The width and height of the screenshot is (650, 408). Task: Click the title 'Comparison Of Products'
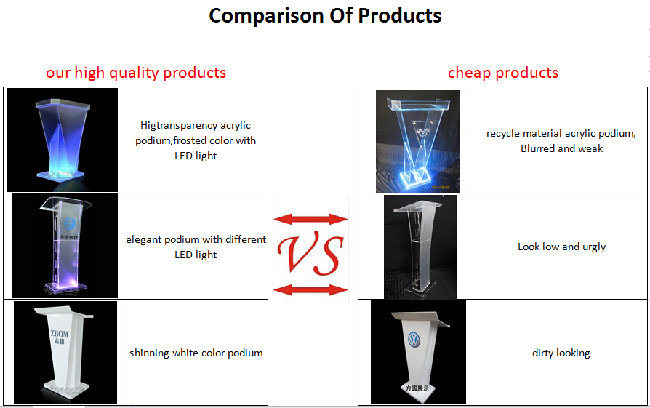325,16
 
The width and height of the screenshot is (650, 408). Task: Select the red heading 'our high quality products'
136,73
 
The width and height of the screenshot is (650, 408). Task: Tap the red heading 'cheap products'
503,73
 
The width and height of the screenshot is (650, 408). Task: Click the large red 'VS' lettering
310,253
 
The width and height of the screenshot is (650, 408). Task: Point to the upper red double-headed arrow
310,219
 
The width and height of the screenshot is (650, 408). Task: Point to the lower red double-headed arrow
310,290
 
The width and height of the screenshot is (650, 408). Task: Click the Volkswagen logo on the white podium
414,340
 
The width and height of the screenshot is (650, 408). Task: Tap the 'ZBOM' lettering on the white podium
59,334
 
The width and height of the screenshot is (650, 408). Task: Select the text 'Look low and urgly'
561,247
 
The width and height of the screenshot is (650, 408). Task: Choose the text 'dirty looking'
561,353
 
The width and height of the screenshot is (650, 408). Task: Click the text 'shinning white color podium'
196,353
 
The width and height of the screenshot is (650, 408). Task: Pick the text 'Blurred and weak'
562,148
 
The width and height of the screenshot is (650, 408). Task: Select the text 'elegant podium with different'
196,240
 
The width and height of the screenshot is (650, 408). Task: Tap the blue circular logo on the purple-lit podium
70,224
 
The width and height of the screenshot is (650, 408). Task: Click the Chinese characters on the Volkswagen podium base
417,388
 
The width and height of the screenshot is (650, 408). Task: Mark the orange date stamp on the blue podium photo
441,188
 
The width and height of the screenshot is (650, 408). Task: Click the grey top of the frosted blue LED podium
63,103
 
